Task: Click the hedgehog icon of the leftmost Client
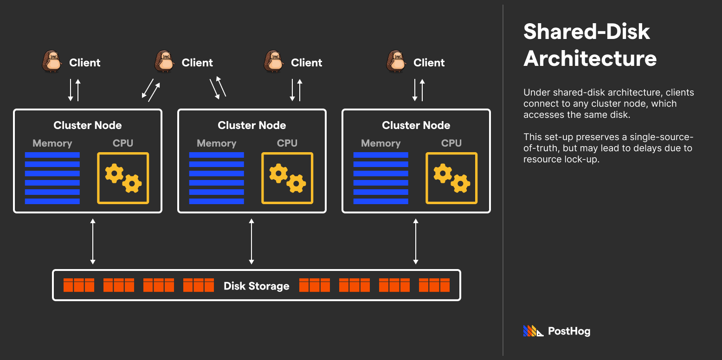pos(52,62)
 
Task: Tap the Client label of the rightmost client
pos(429,63)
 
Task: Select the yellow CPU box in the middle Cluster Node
pos(287,178)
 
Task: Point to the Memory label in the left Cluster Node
pos(52,143)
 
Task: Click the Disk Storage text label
pos(256,286)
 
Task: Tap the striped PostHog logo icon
pos(533,331)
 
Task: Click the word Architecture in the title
pos(590,58)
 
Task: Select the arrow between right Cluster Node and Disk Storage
pos(416,242)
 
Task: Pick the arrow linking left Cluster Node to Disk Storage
pos(93,242)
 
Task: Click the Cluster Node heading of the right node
pos(416,125)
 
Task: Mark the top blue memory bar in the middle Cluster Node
pos(216,155)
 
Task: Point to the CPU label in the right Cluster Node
pos(451,143)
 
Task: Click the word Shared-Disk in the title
pos(587,32)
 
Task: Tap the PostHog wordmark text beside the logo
pos(569,331)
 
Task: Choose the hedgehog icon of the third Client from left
pos(274,62)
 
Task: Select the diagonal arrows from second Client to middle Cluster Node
pos(218,88)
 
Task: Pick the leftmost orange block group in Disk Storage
pos(79,285)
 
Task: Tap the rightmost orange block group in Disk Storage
pos(434,285)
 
